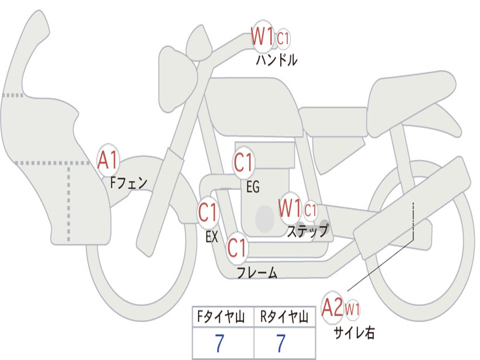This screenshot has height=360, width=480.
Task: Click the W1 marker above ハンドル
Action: coord(262,37)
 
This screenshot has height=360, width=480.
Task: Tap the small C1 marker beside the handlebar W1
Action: coord(283,39)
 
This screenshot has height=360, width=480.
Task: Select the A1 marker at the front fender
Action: coord(108,160)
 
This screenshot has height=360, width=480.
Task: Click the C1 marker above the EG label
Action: coord(243,163)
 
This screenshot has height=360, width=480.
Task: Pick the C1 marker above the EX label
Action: coord(208,212)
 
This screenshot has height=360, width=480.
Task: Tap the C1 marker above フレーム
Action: coord(237,247)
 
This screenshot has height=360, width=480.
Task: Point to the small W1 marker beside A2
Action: coord(352,309)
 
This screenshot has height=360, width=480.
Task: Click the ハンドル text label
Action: coord(277,60)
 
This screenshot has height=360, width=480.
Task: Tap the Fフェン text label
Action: coord(129,183)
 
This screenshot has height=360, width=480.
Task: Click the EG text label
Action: coord(253,187)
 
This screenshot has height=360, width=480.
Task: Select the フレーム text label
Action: coord(257,272)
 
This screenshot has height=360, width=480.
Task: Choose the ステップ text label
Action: coord(308,231)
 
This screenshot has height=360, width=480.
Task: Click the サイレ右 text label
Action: coord(354,332)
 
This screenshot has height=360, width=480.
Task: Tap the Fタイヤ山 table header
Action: coord(221,317)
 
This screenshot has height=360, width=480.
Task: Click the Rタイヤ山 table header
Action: coord(284,317)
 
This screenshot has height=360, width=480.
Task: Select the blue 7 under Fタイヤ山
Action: coord(220,343)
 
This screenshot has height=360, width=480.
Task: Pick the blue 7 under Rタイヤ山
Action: coord(281,343)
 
